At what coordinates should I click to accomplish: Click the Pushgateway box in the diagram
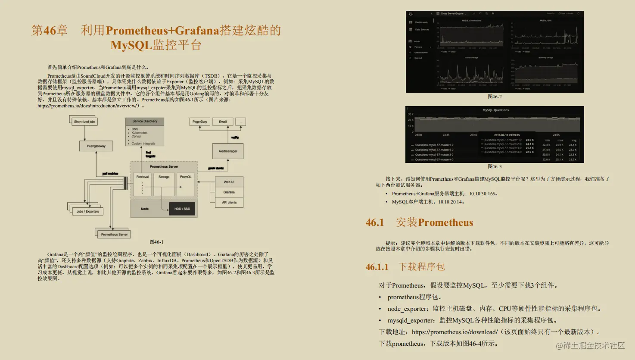(x=96, y=146)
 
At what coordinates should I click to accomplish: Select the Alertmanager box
(x=228, y=151)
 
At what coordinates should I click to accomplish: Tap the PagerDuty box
(x=200, y=122)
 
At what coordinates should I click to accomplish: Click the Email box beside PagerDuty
(x=223, y=122)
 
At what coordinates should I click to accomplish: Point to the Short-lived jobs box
(x=84, y=122)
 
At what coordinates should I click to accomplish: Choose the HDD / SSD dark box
(x=182, y=209)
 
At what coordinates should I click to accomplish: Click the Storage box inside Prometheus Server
(x=164, y=177)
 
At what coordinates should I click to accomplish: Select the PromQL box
(x=186, y=177)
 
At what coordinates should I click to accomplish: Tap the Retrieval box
(x=143, y=177)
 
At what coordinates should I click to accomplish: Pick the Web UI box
(x=229, y=182)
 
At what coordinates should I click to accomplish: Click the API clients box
(x=229, y=202)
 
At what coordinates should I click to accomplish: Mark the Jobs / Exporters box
(x=88, y=211)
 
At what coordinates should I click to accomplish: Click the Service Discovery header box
(x=145, y=122)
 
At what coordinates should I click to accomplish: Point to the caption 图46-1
(x=156, y=242)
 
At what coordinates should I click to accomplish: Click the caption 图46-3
(x=495, y=166)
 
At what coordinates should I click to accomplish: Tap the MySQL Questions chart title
(x=495, y=110)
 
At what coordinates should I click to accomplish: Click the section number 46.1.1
(x=377, y=267)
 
